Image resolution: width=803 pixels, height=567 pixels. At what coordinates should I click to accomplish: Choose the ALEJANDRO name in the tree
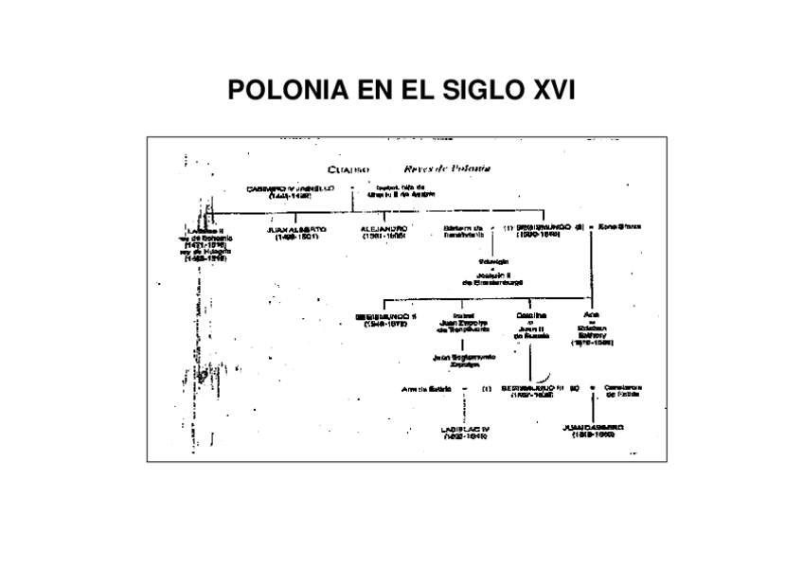click(384, 231)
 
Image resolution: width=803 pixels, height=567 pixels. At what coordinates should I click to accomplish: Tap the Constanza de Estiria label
click(621, 391)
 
